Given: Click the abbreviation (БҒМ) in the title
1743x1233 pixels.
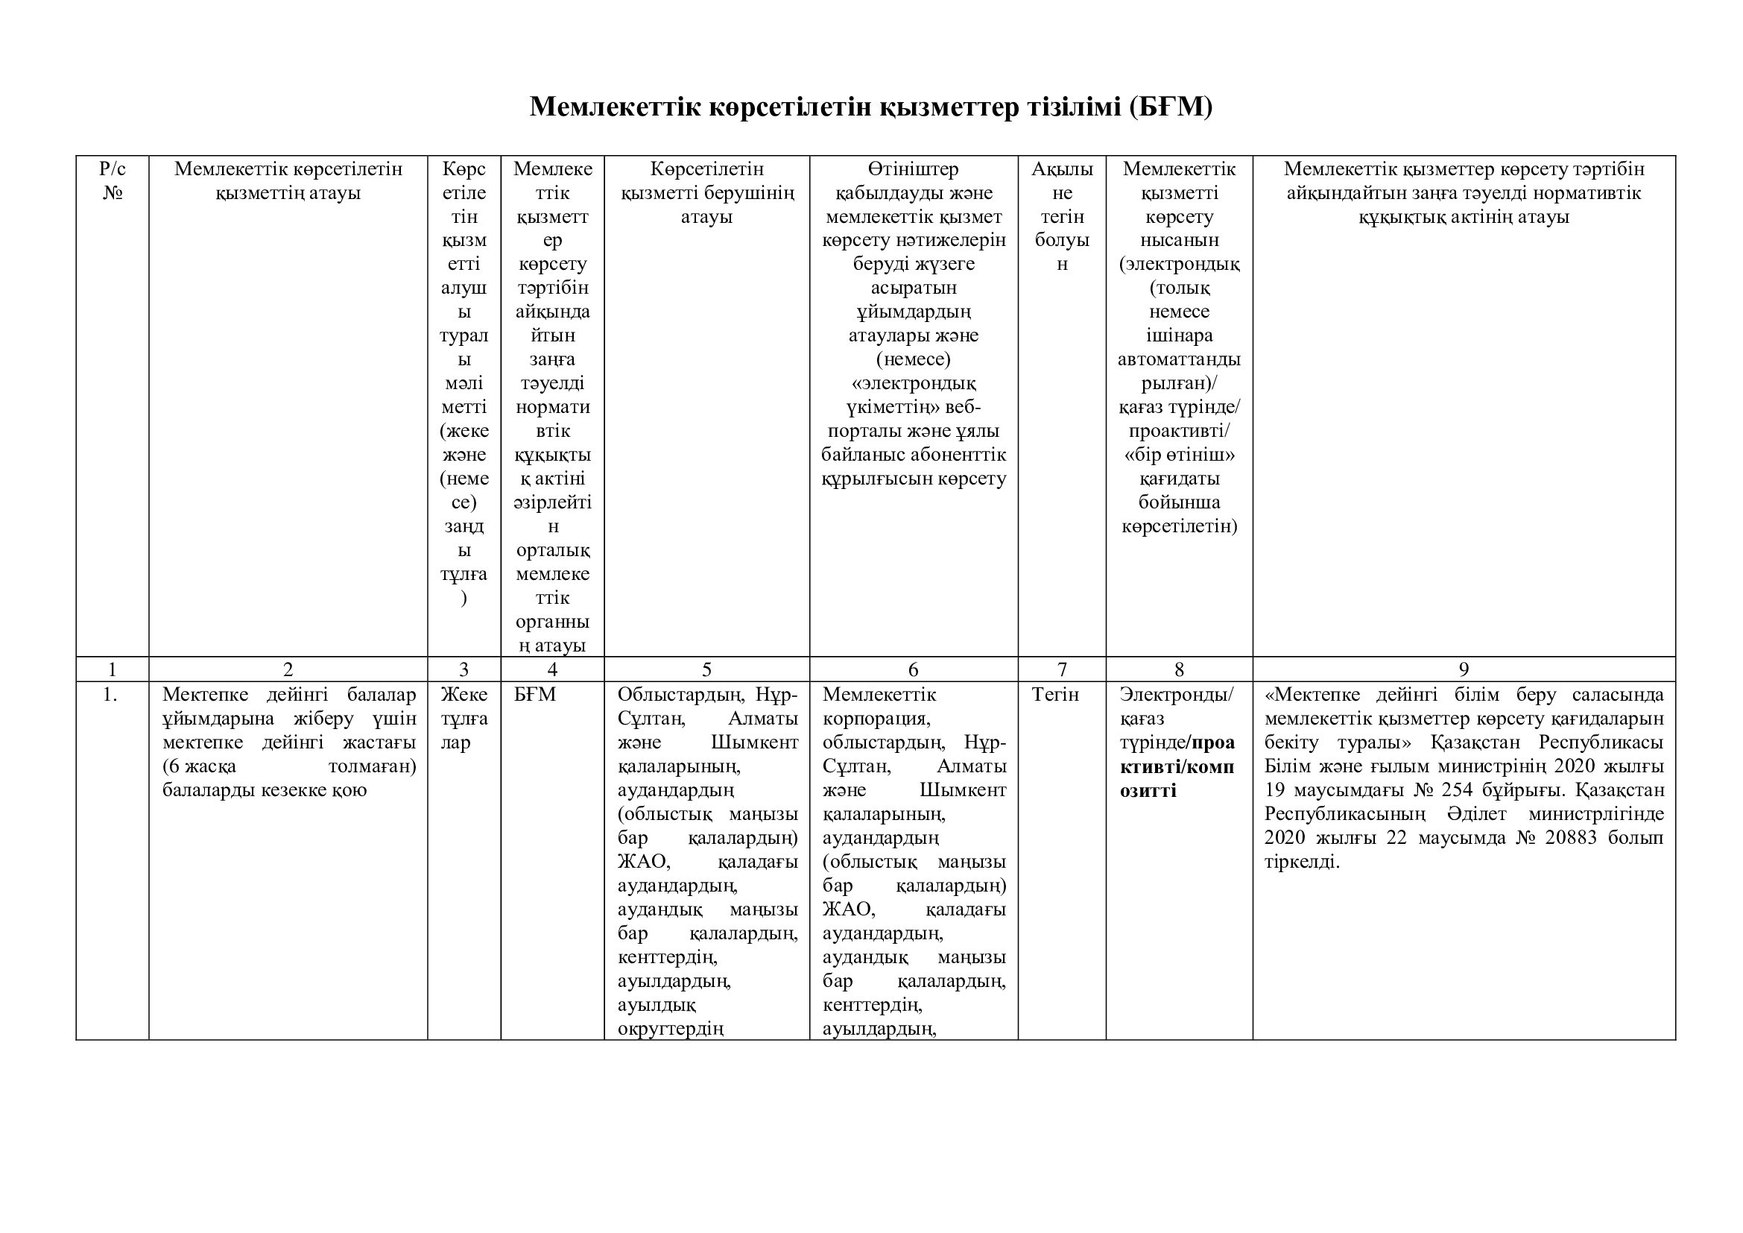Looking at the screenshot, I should [1170, 107].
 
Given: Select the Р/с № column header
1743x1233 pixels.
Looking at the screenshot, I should [113, 180].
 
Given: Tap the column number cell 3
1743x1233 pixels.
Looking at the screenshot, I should [464, 669].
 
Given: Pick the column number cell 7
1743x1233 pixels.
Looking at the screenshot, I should [1061, 669].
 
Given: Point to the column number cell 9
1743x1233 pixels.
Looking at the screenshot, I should [1464, 669].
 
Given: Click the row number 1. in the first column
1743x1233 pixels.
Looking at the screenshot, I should [111, 695].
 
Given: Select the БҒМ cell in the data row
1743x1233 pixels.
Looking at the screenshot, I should [534, 695].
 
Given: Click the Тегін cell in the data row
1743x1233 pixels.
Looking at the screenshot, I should [1055, 695].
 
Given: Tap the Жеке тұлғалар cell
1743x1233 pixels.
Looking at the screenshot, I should [464, 718].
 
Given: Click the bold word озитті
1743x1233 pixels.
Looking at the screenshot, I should [1148, 790].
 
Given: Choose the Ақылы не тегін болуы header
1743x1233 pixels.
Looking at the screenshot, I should [1062, 216].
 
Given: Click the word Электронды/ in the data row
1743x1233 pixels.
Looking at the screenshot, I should [1177, 695].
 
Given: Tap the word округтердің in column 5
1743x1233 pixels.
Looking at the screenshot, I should [671, 1029].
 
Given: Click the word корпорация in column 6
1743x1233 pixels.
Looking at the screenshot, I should [876, 718].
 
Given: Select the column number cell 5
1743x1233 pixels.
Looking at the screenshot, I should [706, 669].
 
